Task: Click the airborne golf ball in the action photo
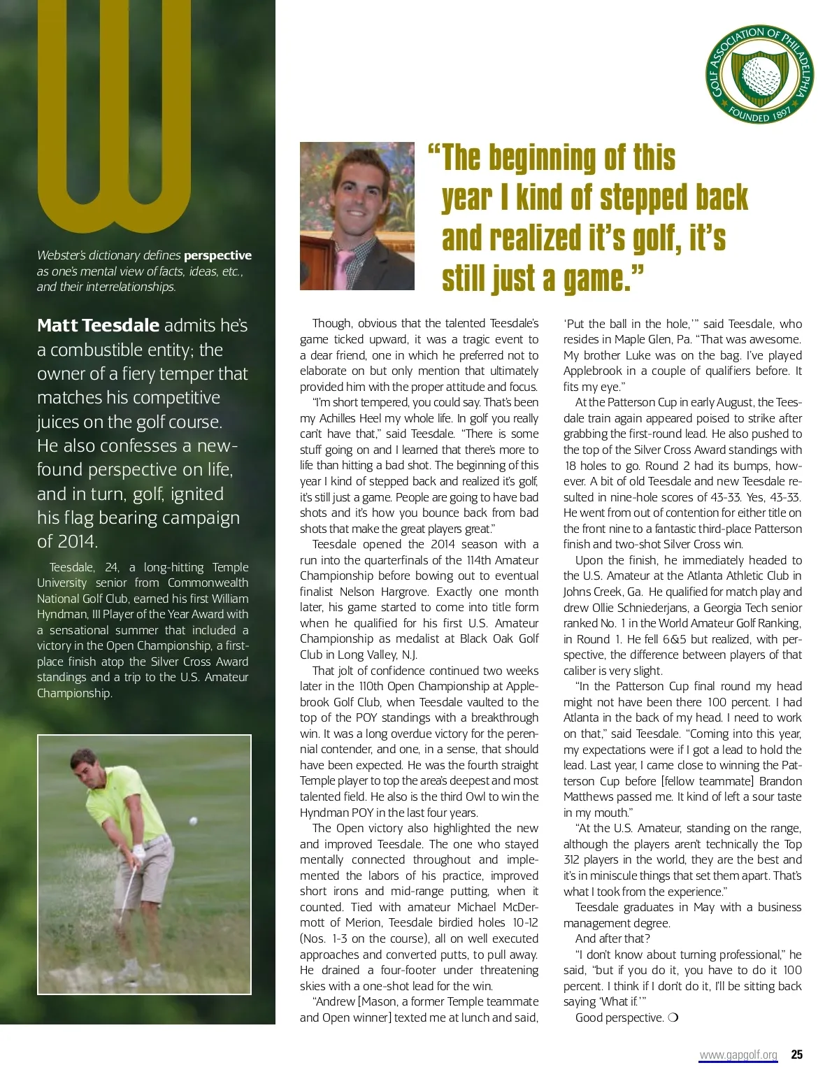[193, 820]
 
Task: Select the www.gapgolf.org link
[738, 1055]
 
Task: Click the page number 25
[796, 1055]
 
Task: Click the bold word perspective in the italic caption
[217, 256]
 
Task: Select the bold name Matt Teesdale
[99, 326]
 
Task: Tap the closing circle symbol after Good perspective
[673, 1017]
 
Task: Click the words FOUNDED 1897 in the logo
[759, 114]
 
